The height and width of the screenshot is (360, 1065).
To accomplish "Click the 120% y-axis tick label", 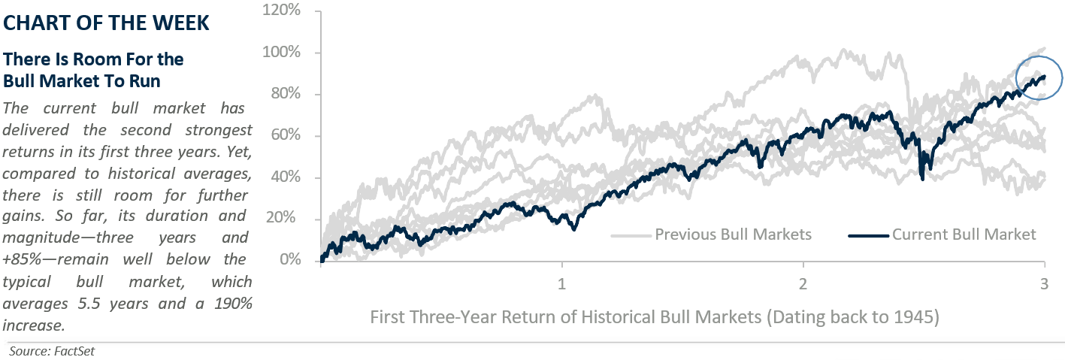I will [283, 11].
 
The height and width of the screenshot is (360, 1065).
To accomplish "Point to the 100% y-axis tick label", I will [283, 53].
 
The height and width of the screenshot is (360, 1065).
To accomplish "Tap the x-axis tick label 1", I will [561, 285].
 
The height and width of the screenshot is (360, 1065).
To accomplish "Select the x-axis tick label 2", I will [803, 285].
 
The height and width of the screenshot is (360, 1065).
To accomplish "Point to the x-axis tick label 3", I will [1044, 285].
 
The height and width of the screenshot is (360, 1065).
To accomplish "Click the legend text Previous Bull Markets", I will [733, 234].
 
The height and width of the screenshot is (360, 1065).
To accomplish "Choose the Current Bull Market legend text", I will [964, 234].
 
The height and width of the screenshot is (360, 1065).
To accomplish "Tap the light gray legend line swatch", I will [631, 235].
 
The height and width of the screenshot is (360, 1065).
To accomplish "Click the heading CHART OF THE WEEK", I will [107, 23].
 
